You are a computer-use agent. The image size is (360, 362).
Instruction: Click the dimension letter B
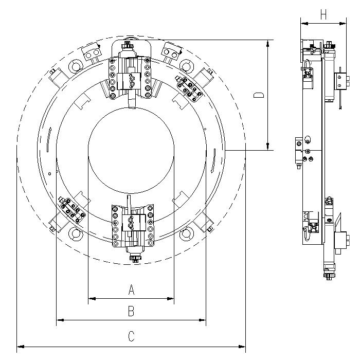[131, 311]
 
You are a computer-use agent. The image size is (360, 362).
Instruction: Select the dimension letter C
[131, 337]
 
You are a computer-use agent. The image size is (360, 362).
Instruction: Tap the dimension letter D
[260, 96]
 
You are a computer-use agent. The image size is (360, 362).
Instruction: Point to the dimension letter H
[323, 15]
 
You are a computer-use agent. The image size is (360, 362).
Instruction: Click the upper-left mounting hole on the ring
[76, 66]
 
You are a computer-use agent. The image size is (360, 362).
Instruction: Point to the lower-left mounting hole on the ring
[76, 234]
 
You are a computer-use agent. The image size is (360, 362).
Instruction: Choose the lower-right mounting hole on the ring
[186, 234]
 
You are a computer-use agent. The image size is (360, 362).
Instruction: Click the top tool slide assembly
[131, 72]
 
